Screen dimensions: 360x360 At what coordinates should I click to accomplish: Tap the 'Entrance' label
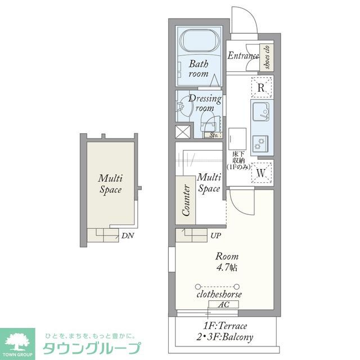tap(243, 56)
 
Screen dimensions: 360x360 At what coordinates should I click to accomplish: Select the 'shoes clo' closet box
tap(267, 57)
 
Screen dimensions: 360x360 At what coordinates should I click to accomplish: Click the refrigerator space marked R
tap(261, 88)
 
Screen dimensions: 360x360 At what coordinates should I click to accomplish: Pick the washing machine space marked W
tap(261, 173)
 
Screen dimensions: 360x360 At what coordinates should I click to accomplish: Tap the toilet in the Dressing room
tap(208, 120)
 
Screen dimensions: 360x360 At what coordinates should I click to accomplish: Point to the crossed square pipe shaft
tap(183, 132)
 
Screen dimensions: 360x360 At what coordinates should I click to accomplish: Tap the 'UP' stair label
tap(216, 235)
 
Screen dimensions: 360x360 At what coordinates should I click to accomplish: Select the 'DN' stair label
tap(127, 236)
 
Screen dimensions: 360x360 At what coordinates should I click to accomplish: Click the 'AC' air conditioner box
tap(223, 304)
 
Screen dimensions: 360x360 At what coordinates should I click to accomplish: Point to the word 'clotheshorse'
tap(219, 294)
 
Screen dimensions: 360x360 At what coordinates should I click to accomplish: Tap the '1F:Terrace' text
tap(224, 326)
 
